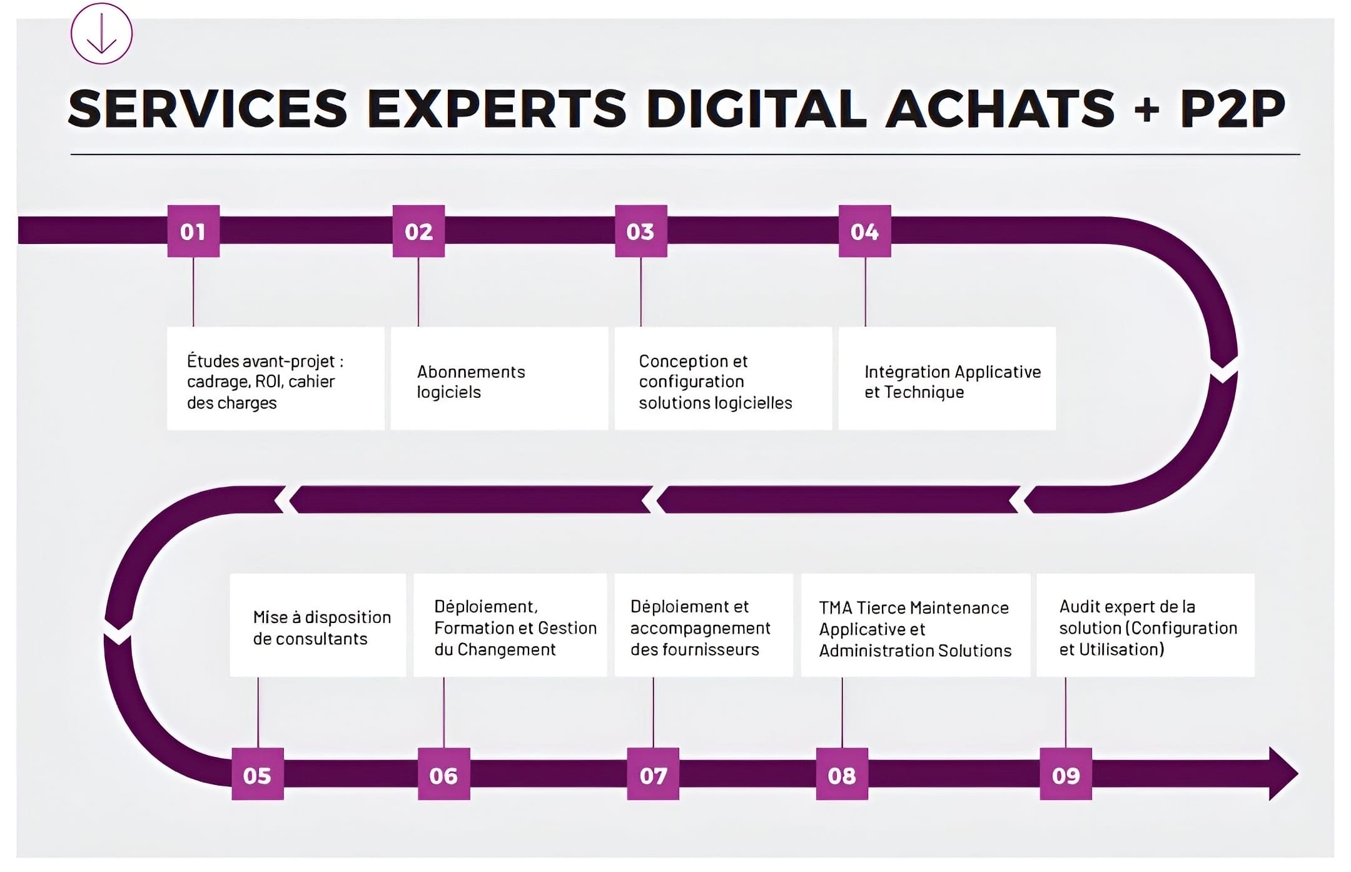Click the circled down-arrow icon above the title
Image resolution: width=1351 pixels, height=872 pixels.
101,33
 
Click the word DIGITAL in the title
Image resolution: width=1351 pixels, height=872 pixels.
756,109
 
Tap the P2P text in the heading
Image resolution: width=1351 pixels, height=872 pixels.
1232,109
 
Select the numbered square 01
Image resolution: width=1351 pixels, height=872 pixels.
193,231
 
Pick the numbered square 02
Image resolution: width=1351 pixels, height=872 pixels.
418,231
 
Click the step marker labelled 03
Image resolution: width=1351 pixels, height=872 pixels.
640,231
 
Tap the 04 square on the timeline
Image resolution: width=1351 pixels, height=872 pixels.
864,231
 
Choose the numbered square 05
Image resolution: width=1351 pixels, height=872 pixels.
257,774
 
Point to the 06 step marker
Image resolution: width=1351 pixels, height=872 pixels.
443,774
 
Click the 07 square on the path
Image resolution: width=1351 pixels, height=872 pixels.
653,774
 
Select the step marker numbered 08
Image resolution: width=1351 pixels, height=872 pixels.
842,774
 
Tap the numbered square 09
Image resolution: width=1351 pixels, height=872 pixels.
1066,774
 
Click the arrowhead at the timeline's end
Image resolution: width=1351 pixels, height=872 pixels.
1282,774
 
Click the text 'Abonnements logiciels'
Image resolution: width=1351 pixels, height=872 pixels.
471,382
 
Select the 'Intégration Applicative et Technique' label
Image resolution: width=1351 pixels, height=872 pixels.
952,382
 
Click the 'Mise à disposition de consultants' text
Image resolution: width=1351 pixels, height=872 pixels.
321,627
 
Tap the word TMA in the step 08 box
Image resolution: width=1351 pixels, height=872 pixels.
835,608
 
